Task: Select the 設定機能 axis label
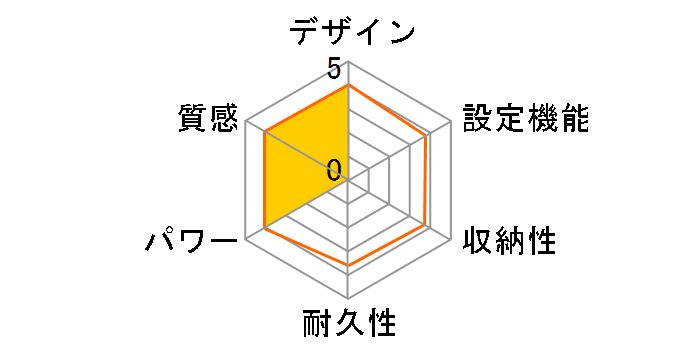(x=524, y=119)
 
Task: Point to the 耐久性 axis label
(x=348, y=325)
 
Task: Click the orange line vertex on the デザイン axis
(x=348, y=86)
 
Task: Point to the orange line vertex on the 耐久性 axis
(x=348, y=265)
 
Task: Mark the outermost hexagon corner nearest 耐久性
(x=348, y=297)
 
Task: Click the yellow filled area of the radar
(x=300, y=170)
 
